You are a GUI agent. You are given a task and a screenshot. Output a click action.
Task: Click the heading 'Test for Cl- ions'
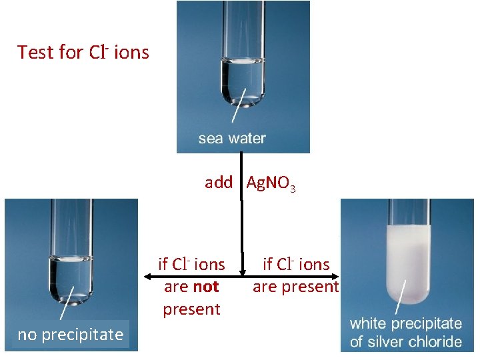click(x=83, y=52)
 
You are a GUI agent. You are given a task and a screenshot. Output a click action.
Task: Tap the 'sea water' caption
click(x=232, y=139)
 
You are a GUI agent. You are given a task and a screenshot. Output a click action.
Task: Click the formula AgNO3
click(x=271, y=183)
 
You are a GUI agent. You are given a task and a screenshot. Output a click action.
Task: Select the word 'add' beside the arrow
click(x=219, y=182)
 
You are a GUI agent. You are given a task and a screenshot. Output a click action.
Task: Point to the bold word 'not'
click(x=205, y=287)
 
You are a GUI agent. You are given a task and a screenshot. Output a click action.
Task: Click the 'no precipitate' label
click(x=71, y=335)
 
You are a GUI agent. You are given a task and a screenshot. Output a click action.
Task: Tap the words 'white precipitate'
click(x=405, y=323)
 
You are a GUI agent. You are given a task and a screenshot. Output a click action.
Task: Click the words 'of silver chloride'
click(x=405, y=342)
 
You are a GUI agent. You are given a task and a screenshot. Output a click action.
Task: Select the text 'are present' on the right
click(x=295, y=287)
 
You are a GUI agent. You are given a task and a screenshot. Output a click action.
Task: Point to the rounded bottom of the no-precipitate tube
click(x=71, y=293)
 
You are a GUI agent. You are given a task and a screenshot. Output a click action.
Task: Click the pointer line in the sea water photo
click(x=237, y=106)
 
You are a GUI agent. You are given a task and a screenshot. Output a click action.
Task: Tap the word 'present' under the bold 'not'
click(x=191, y=309)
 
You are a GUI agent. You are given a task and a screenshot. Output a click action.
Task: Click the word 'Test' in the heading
click(x=37, y=52)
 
